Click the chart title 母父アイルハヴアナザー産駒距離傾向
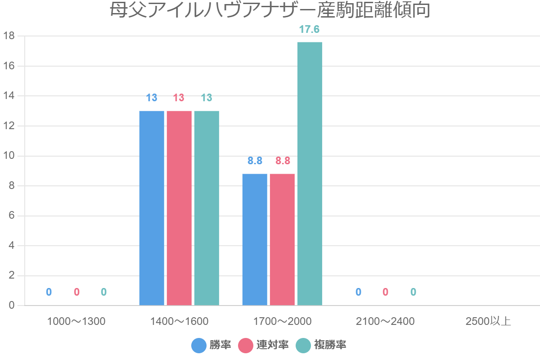click(x=270, y=10)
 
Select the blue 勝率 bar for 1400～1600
click(x=152, y=208)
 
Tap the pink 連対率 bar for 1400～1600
click(x=179, y=208)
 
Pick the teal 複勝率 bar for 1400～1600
click(x=207, y=208)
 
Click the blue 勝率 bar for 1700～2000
click(x=255, y=239)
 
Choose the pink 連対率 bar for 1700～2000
click(x=282, y=239)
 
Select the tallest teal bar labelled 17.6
click(x=310, y=174)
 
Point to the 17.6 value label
click(x=310, y=30)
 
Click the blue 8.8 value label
click(x=255, y=161)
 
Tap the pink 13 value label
click(x=179, y=98)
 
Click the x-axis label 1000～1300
click(x=76, y=321)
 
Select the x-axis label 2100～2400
click(x=385, y=321)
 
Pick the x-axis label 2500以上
click(x=488, y=321)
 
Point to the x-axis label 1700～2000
click(x=282, y=321)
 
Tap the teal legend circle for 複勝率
click(x=303, y=346)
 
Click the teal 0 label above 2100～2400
click(x=413, y=292)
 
